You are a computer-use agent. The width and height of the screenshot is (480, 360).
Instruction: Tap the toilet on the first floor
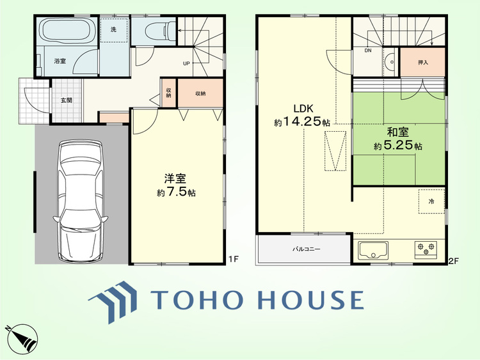click(x=160, y=30)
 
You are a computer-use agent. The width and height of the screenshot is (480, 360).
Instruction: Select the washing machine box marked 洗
click(x=113, y=30)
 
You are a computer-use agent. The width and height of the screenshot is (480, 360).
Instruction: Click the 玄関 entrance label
click(x=67, y=100)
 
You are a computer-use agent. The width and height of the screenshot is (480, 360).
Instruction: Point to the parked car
click(x=81, y=201)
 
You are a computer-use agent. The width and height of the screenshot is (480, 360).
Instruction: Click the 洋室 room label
click(x=175, y=178)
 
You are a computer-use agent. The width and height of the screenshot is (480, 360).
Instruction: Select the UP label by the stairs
click(x=186, y=63)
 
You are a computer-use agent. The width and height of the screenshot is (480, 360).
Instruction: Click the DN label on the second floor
click(x=368, y=51)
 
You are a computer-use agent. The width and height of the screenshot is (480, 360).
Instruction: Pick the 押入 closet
click(x=423, y=62)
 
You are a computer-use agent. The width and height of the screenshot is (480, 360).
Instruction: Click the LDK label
click(x=303, y=108)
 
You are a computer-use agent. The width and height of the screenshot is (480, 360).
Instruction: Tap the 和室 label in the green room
click(x=398, y=132)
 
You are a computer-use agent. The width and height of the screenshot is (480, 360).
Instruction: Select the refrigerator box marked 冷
click(x=431, y=201)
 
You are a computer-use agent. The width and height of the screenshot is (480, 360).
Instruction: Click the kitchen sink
click(x=373, y=250)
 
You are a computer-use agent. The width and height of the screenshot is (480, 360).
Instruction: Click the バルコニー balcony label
click(x=307, y=249)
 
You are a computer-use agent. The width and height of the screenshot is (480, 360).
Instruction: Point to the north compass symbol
click(x=21, y=338)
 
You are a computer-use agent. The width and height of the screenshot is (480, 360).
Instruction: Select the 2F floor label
click(x=453, y=261)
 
